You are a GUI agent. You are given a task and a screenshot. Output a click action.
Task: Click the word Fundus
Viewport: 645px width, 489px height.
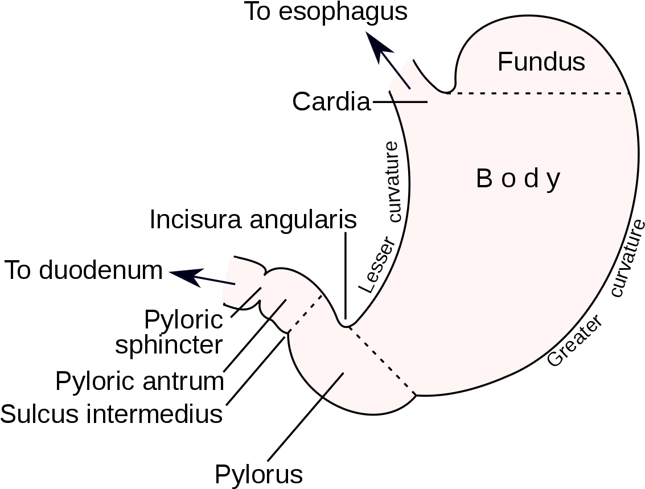[541, 61]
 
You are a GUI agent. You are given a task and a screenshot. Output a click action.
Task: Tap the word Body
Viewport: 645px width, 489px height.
[518, 179]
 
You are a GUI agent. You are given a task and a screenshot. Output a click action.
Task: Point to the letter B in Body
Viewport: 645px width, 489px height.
[483, 179]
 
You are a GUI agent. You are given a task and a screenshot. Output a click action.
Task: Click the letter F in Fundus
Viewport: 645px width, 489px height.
[504, 61]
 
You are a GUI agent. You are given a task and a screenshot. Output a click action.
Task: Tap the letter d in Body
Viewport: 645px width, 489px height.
[531, 179]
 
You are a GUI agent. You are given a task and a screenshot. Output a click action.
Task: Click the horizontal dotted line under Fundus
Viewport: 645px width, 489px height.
[541, 93]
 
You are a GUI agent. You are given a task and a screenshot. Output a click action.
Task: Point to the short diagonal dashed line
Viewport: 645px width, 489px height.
[306, 313]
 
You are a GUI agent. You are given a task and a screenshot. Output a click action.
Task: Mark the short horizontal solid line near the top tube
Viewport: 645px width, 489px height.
[411, 102]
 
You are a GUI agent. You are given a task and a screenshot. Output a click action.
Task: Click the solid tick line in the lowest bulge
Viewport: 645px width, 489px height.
[333, 384]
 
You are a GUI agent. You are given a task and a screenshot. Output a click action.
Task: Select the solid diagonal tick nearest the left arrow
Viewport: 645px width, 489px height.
[250, 298]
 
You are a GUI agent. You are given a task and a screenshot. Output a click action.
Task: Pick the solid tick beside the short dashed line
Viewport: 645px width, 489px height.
[277, 309]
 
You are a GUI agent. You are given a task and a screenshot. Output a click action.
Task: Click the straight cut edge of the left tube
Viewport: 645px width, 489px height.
[225, 280]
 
